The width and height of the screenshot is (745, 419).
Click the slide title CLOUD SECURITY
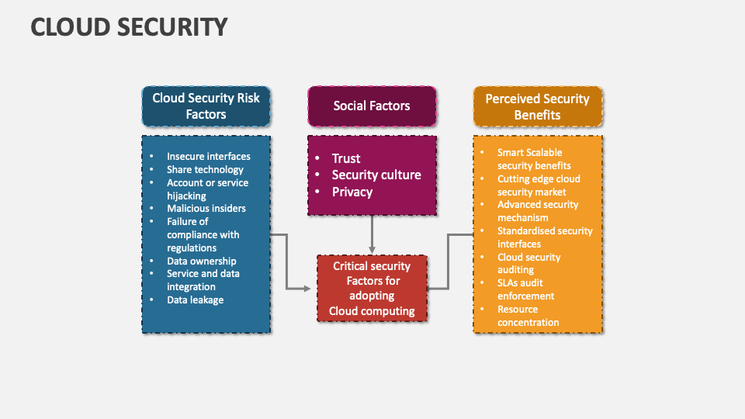click(129, 26)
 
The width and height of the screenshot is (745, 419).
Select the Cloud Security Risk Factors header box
click(206, 106)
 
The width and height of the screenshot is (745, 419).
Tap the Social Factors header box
click(372, 106)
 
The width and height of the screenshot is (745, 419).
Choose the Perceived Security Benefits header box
click(537, 106)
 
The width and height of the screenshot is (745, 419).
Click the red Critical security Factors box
click(372, 289)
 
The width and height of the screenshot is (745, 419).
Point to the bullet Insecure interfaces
click(208, 156)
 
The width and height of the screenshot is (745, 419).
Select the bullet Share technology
click(205, 169)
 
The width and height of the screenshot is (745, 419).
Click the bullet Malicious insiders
click(206, 208)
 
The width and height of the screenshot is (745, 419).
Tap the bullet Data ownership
click(201, 261)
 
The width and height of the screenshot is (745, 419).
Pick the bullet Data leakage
click(195, 300)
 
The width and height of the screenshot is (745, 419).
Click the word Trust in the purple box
click(346, 158)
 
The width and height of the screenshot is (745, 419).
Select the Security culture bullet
click(376, 175)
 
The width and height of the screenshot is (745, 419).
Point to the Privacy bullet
click(352, 192)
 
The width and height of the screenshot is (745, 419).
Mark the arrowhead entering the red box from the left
click(307, 289)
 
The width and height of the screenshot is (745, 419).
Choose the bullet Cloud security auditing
click(528, 263)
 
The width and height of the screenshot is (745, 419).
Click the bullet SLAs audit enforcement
click(525, 289)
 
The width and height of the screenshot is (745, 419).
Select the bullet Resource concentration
click(528, 316)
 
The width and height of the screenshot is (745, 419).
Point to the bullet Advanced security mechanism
click(538, 211)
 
